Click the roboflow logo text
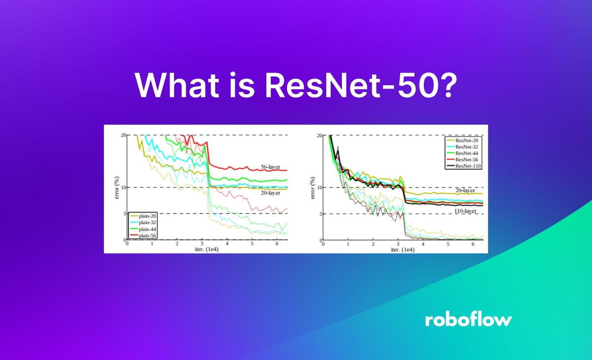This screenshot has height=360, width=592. tap(468, 320)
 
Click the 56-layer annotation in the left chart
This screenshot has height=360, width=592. tap(271, 167)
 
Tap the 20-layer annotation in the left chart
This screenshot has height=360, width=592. tap(271, 194)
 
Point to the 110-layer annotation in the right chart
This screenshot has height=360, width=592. tap(465, 211)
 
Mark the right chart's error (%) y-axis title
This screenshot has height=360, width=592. tap(311, 188)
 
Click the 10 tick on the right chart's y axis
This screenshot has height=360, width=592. tap(319, 188)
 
